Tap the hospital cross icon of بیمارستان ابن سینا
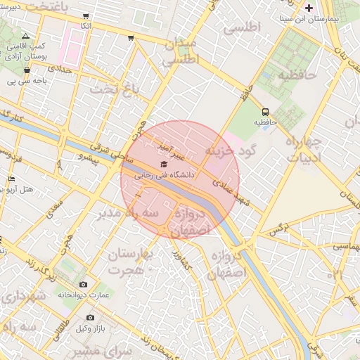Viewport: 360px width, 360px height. point(309,8)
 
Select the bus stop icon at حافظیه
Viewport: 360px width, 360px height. point(265,112)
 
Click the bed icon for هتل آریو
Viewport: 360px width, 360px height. point(11,180)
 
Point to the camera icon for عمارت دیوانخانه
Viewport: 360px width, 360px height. point(84,284)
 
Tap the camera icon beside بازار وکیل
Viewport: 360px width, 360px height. point(90,318)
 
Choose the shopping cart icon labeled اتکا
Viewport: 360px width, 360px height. point(86,16)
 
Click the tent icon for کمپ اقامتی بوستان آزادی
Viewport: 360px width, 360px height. point(26,35)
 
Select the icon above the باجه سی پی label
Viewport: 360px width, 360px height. point(27,70)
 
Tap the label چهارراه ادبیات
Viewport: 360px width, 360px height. point(304,150)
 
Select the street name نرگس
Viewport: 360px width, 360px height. point(279,230)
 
